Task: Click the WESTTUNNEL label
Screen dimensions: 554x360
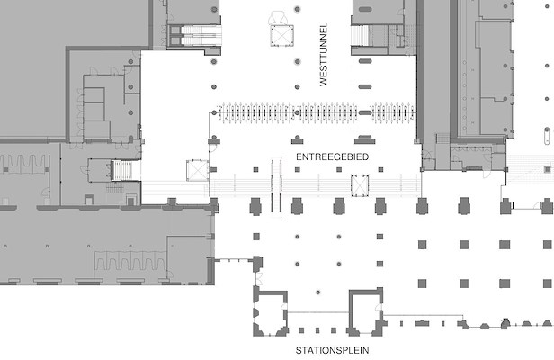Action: tap(323, 55)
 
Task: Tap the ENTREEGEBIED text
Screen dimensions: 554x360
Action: tap(332, 157)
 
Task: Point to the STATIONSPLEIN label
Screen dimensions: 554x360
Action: tap(332, 350)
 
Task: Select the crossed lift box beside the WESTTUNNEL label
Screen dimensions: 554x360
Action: tap(282, 35)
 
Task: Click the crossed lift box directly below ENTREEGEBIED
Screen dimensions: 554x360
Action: tap(360, 185)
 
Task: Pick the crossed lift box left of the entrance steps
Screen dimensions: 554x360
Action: tap(197, 170)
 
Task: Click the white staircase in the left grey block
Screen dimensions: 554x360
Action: tap(121, 170)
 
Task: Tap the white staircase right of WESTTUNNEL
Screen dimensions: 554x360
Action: tap(360, 35)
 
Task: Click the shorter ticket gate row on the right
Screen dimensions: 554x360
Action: tap(393, 112)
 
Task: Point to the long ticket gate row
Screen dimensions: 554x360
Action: tap(288, 112)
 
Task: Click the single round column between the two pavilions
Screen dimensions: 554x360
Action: tap(318, 292)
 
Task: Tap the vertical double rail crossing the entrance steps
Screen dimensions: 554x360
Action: tap(276, 186)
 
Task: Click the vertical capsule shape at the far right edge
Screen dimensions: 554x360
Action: tap(547, 136)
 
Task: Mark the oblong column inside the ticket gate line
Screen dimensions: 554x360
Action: tap(365, 112)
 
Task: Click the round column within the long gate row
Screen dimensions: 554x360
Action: tap(297, 112)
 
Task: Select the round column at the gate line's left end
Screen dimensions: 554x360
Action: tap(214, 112)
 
